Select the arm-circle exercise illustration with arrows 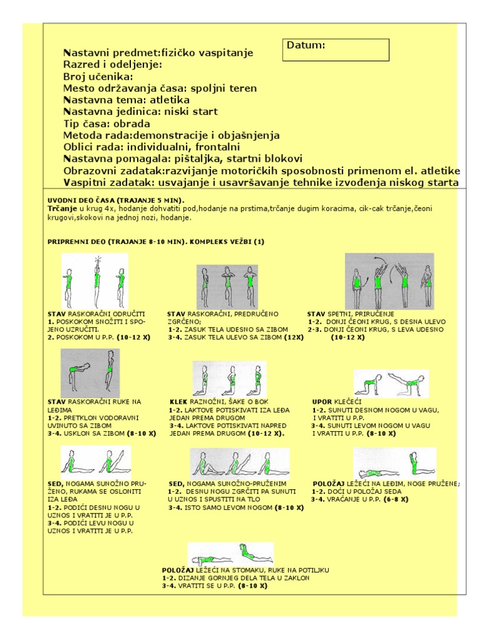pos(389,280)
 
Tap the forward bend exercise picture pos(90,373)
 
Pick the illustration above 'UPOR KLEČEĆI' pos(391,383)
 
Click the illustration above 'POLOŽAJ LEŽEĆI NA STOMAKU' pos(230,554)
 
